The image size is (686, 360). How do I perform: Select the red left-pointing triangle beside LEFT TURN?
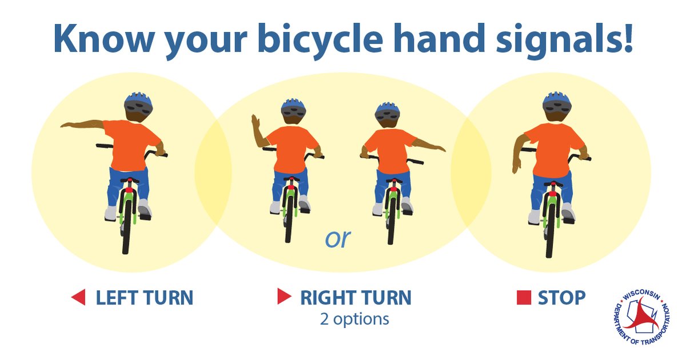tap(78, 297)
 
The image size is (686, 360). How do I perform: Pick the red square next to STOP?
tap(524, 298)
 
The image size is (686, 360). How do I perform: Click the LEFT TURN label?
tap(144, 298)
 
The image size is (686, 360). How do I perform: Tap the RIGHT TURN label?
tap(356, 298)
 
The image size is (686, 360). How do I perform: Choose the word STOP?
tap(561, 298)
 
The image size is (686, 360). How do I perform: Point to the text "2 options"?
tap(354, 318)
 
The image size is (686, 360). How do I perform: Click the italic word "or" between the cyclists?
tap(337, 238)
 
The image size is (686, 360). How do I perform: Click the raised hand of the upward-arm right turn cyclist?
tap(256, 122)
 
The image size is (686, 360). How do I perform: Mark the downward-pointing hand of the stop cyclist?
tap(517, 166)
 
